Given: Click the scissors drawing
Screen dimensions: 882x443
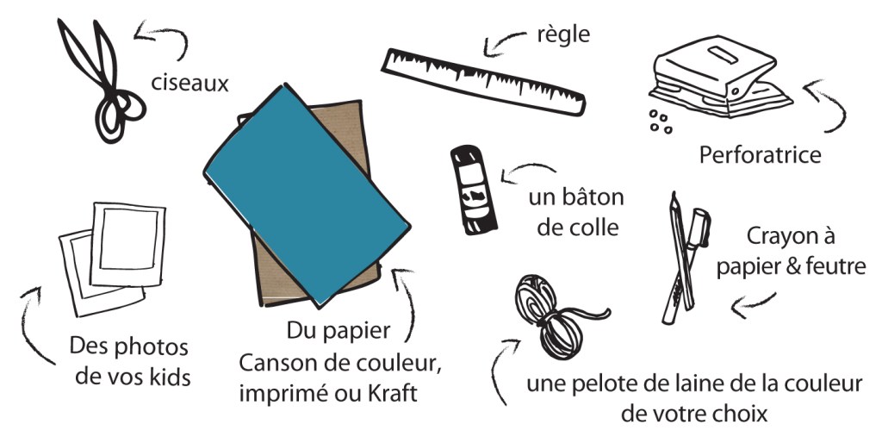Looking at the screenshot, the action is coord(102,82).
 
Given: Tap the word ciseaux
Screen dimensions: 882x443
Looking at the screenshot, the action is coord(190,84).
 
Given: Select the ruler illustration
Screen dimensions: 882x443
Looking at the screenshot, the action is coord(483,83).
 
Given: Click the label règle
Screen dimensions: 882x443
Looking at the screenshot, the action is coord(563,34).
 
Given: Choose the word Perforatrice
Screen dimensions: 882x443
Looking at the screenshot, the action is coord(760,155).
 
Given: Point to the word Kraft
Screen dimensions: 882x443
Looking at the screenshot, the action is coord(393,394).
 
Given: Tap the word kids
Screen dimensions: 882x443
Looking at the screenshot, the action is coord(171,377).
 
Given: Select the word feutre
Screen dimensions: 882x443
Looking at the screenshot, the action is coord(835,266).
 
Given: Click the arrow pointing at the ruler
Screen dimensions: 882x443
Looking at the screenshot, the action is coord(503,41).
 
